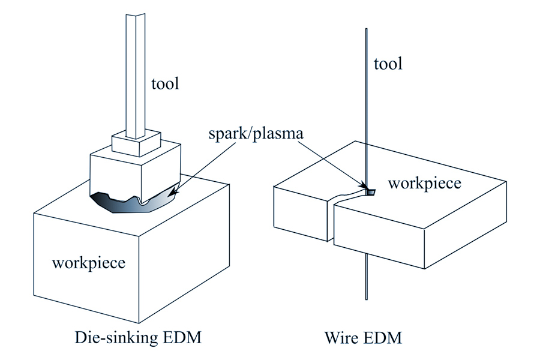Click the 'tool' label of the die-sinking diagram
(x=165, y=83)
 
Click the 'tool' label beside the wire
(x=388, y=63)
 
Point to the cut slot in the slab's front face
(x=332, y=222)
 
